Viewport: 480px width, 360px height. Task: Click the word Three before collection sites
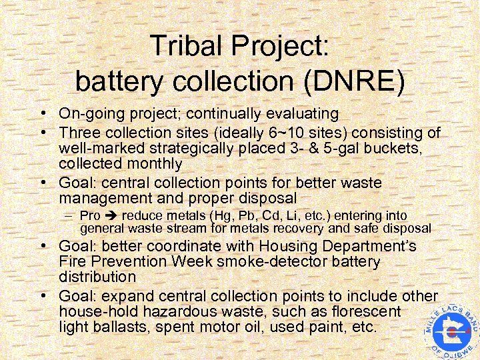pyautogui.click(x=77, y=132)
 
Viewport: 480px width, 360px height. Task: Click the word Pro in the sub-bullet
pyautogui.click(x=89, y=215)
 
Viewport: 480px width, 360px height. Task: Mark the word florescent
pyautogui.click(x=365, y=312)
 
